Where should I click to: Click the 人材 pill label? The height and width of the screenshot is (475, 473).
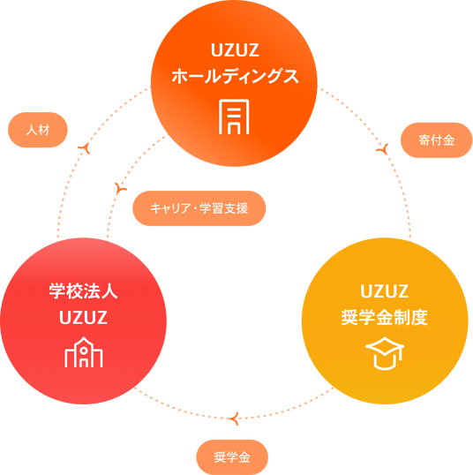pyautogui.click(x=38, y=130)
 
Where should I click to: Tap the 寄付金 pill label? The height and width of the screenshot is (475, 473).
pyautogui.click(x=436, y=140)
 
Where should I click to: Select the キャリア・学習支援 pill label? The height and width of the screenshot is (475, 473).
pyautogui.click(x=199, y=208)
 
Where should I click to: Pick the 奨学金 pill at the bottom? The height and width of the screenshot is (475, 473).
pyautogui.click(x=232, y=457)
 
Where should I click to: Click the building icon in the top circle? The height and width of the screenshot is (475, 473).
pyautogui.click(x=234, y=117)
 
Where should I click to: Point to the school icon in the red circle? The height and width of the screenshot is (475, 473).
pyautogui.click(x=84, y=352)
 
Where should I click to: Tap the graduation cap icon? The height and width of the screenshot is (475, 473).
pyautogui.click(x=385, y=353)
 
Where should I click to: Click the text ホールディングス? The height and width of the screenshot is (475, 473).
pyautogui.click(x=235, y=76)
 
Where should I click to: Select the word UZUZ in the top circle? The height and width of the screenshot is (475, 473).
pyautogui.click(x=235, y=50)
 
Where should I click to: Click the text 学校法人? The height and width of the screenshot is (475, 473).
pyautogui.click(x=83, y=291)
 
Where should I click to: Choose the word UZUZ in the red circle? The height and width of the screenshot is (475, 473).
pyautogui.click(x=83, y=318)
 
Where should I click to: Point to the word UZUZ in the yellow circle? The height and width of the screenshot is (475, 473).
pyautogui.click(x=385, y=291)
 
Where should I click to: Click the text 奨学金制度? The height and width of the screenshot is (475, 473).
pyautogui.click(x=385, y=318)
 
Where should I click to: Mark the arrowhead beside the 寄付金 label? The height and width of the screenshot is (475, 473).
pyautogui.click(x=383, y=149)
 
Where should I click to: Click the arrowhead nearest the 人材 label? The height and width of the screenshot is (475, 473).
pyautogui.click(x=85, y=147)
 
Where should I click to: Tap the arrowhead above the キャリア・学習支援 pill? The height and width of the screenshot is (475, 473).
pyautogui.click(x=121, y=188)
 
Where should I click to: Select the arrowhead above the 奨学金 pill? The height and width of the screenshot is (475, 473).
pyautogui.click(x=235, y=418)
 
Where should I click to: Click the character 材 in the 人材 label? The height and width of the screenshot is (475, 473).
pyautogui.click(x=44, y=130)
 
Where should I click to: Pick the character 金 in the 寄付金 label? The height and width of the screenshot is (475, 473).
pyautogui.click(x=449, y=140)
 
